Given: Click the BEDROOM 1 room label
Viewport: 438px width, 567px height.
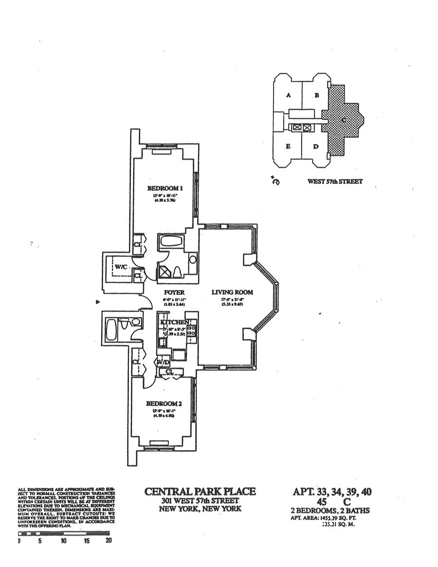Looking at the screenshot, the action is tap(165, 188).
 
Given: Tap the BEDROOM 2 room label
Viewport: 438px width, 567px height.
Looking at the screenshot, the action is tap(164, 403).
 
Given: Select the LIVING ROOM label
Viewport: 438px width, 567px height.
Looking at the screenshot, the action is tap(232, 292).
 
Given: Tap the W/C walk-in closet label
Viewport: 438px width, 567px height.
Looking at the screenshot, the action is tap(120, 267).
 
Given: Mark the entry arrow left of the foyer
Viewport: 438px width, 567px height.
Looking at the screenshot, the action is tap(99, 302).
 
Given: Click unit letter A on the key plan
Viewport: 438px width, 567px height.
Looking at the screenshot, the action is tap(288, 95).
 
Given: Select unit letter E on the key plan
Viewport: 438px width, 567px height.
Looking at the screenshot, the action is tap(288, 146).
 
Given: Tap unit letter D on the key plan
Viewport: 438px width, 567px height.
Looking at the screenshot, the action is tap(315, 146).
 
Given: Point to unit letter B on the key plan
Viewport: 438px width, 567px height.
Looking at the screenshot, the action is tap(316, 95).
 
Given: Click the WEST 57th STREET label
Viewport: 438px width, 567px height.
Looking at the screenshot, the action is tap(335, 182).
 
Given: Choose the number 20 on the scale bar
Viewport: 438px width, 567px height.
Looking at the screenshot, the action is tap(108, 540).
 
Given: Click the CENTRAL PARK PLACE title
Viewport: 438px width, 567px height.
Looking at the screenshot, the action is tap(200, 492).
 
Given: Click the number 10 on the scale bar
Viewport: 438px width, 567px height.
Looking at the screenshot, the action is tap(63, 540).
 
